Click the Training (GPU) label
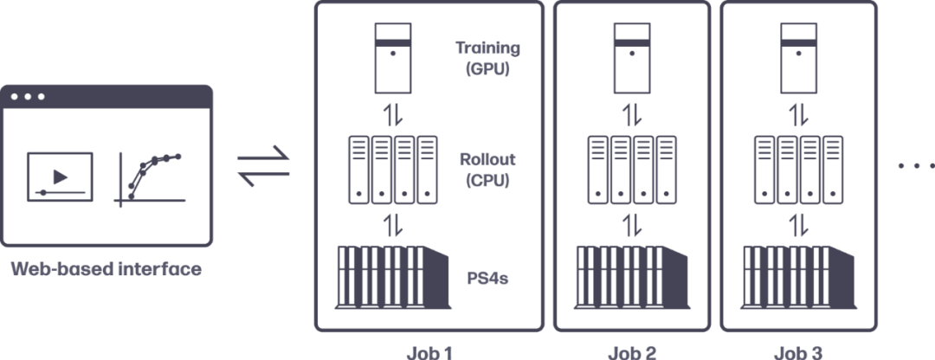[x=483, y=57]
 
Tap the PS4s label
[x=483, y=279]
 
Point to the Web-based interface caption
[x=106, y=269]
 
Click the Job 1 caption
[x=429, y=352]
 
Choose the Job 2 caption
[x=632, y=352]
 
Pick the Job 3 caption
[x=798, y=352]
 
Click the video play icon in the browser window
[x=59, y=176]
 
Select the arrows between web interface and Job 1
[x=263, y=166]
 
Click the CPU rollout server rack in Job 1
[x=393, y=170]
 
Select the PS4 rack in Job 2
[x=632, y=277]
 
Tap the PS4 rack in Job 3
[x=798, y=277]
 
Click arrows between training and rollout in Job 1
[x=393, y=114]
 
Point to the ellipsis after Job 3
[x=914, y=164]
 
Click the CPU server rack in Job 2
[x=632, y=170]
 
